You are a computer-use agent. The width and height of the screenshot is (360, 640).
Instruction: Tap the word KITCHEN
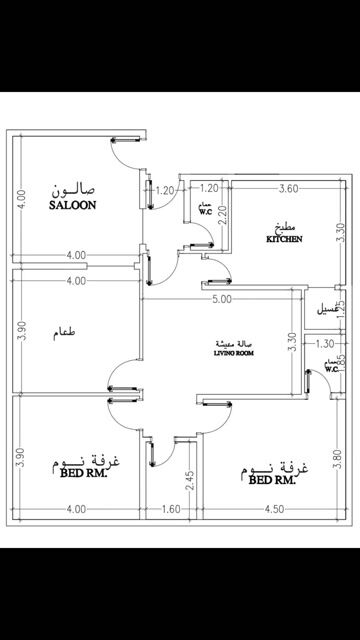[284, 240]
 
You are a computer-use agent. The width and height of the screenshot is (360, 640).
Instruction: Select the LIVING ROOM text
[236, 352]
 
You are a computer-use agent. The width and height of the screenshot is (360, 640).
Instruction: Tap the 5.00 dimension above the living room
[221, 298]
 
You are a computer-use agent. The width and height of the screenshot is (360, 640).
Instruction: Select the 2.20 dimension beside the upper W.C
[224, 213]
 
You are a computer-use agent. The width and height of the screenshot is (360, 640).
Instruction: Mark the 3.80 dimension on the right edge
[337, 462]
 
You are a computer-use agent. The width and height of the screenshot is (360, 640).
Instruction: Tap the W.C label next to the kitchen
[203, 209]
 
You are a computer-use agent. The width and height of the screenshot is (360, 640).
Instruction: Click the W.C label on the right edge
[331, 368]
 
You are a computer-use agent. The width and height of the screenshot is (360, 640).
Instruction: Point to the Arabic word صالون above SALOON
[76, 189]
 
